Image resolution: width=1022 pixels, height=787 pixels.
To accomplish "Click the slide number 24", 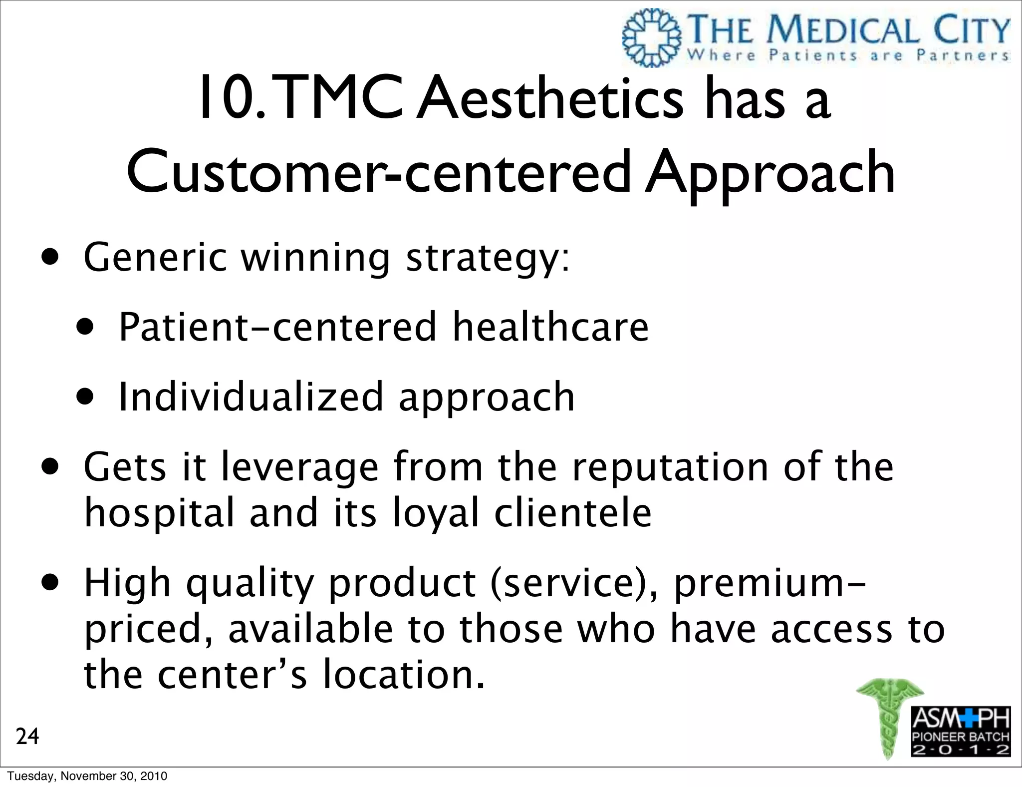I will pyautogui.click(x=27, y=737).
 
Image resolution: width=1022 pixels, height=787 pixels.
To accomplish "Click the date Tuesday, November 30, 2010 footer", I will pyautogui.click(x=87, y=776).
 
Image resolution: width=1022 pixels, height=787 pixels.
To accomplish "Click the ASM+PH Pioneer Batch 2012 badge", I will pyautogui.click(x=961, y=731).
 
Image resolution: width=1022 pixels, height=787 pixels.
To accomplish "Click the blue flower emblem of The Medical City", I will pyautogui.click(x=652, y=38).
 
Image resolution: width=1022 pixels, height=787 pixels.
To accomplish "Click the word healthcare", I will pyautogui.click(x=550, y=327).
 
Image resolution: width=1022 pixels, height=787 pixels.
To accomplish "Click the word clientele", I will pyautogui.click(x=573, y=513).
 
